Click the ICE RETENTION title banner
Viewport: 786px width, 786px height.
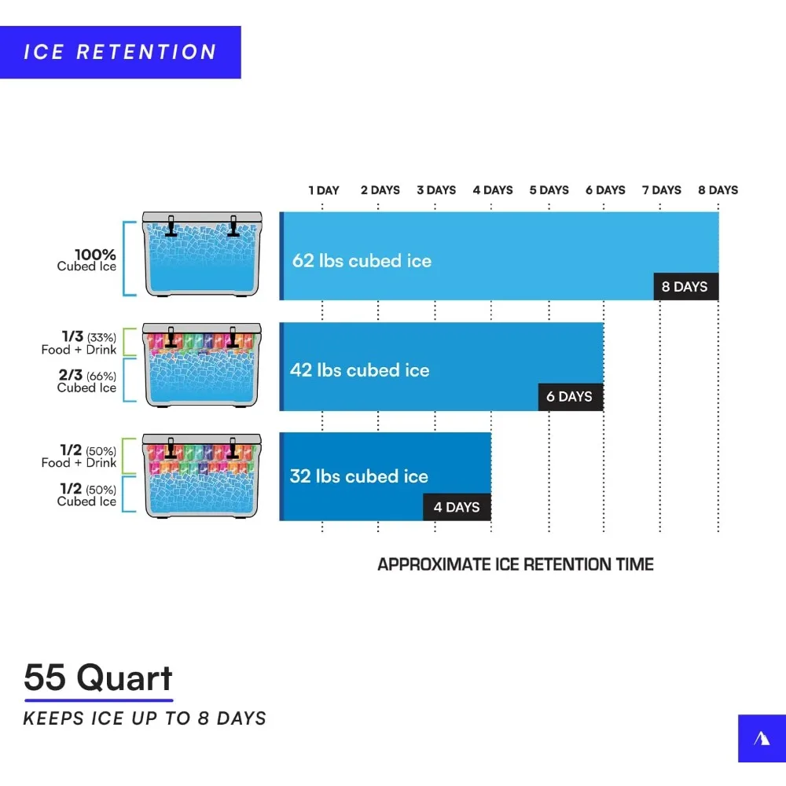120,52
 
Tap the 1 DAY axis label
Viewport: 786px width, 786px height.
324,190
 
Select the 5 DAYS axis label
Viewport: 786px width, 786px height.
549,190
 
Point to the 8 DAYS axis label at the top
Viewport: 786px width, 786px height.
718,190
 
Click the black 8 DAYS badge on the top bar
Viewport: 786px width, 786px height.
685,287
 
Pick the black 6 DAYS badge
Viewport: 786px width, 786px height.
571,397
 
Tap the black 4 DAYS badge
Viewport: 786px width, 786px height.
457,507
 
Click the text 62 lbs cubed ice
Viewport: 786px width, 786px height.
362,261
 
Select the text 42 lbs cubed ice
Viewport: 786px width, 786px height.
359,370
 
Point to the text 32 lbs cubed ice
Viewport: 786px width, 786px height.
359,476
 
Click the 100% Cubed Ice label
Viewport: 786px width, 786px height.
86,259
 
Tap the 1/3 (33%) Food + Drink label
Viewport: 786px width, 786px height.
79,343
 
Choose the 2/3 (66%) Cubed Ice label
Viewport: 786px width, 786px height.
86,381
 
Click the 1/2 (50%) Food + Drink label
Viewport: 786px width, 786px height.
79,456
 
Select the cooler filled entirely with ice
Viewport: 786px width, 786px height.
202,254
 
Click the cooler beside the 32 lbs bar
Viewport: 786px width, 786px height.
202,476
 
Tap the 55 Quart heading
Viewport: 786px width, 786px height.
98,678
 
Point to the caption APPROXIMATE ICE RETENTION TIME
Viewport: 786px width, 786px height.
516,564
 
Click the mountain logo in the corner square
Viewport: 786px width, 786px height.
762,738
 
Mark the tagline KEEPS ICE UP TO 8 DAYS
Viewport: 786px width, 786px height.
145,718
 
